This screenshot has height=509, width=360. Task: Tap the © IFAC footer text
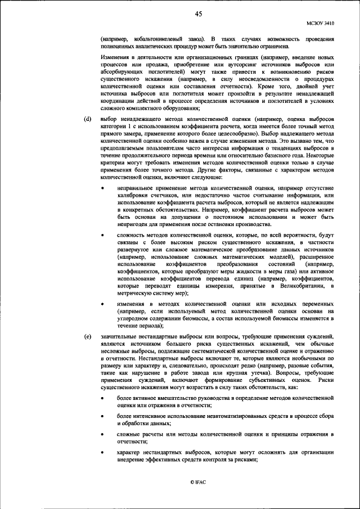click(x=198, y=482)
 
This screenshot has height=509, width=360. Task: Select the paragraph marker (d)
click(x=88, y=120)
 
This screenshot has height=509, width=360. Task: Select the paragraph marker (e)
click(x=88, y=336)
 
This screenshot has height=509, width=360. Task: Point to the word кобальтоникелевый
click(x=148, y=39)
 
